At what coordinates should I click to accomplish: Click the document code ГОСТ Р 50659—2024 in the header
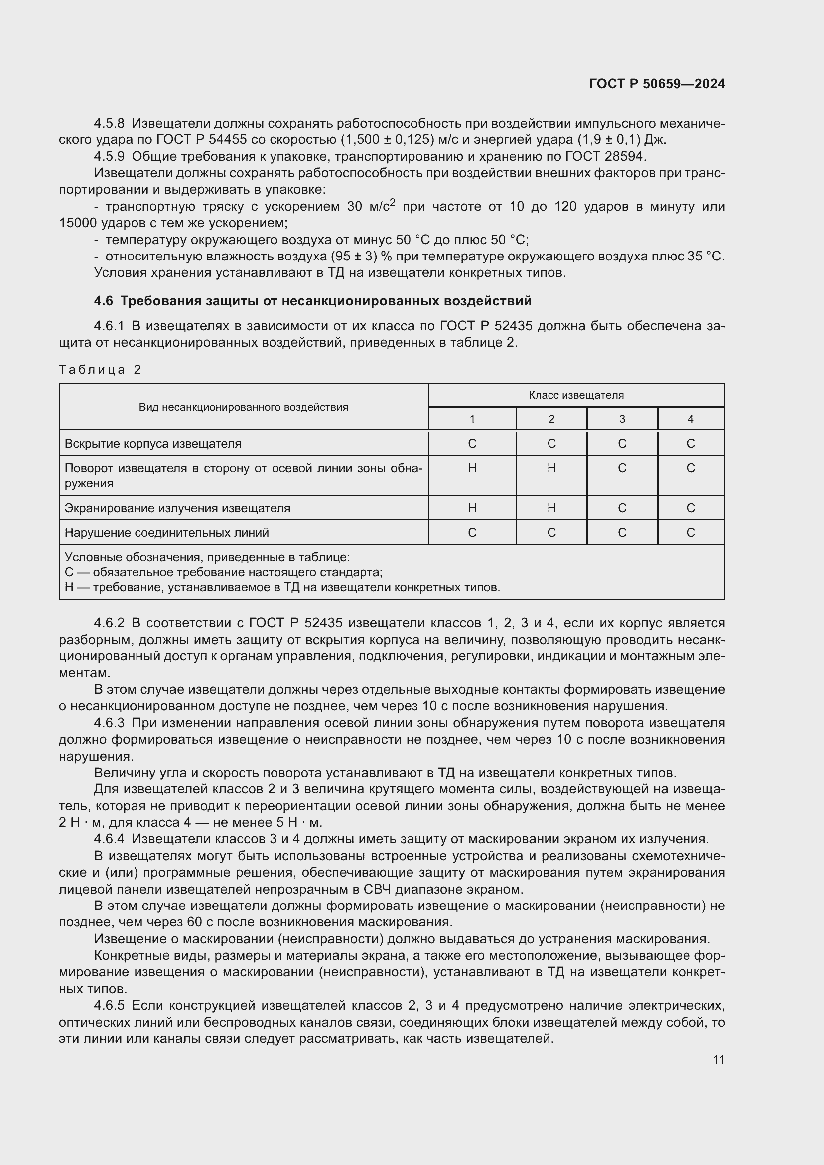[x=657, y=84]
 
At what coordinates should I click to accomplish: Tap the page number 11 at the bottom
[x=718, y=1059]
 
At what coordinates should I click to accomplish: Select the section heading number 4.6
[x=103, y=301]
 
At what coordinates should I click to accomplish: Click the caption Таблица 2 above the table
[x=100, y=370]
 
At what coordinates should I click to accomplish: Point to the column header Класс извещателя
[x=576, y=395]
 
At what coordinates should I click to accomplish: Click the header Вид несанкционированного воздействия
[x=244, y=407]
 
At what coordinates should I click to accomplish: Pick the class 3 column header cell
[x=622, y=419]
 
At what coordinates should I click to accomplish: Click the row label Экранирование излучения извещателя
[x=177, y=508]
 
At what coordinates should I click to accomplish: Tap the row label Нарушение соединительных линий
[x=166, y=533]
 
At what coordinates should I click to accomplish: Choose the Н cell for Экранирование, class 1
[x=472, y=508]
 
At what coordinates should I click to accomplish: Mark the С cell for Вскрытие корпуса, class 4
[x=690, y=443]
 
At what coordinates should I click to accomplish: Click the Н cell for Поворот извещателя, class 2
[x=551, y=468]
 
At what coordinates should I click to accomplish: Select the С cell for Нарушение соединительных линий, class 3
[x=622, y=533]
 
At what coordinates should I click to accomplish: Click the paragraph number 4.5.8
[x=109, y=124]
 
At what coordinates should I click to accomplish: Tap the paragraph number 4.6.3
[x=109, y=723]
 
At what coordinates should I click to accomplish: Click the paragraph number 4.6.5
[x=109, y=1005]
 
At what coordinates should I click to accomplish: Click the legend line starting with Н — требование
[x=282, y=588]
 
